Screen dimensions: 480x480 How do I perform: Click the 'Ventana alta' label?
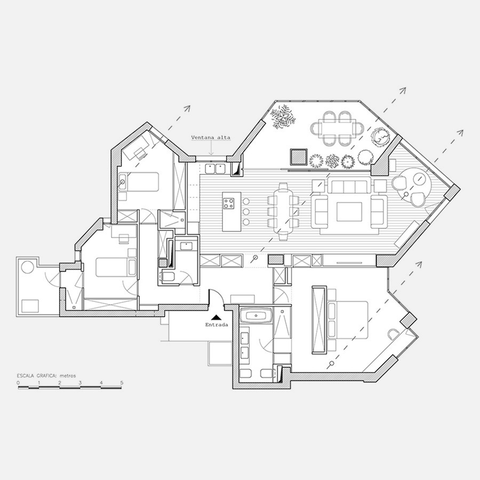(211, 138)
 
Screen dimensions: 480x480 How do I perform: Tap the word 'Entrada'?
(217, 325)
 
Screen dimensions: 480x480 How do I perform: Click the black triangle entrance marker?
(216, 317)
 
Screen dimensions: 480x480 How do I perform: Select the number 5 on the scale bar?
(122, 382)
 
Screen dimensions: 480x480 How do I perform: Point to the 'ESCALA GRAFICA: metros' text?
(46, 375)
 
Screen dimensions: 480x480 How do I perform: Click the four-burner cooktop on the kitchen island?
(229, 204)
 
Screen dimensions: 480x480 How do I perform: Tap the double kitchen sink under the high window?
(215, 169)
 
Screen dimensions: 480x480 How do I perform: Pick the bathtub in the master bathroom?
(256, 315)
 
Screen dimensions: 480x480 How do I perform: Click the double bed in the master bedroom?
(347, 320)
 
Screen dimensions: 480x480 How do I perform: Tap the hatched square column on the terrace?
(299, 157)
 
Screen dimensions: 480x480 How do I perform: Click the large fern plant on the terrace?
(283, 117)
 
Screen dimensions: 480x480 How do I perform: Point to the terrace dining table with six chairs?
(337, 128)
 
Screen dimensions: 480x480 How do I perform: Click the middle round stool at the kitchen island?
(246, 212)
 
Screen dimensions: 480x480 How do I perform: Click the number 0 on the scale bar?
(18, 382)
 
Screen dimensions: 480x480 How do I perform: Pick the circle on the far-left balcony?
(27, 267)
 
